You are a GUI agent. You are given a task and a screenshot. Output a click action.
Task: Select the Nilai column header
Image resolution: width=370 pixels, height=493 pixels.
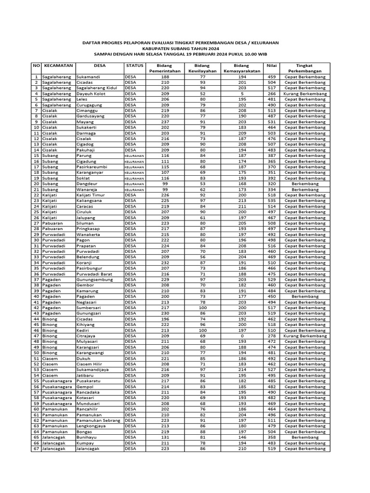pyautogui.click(x=271, y=65)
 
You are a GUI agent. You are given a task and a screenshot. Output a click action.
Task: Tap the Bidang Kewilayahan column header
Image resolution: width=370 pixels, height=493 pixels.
pyautogui.click(x=202, y=68)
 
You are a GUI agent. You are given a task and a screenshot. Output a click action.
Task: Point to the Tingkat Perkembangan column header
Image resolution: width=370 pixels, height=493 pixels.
pyautogui.click(x=304, y=68)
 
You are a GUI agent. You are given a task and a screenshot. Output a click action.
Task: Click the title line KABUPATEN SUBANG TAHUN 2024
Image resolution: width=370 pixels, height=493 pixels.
pyautogui.click(x=185, y=49)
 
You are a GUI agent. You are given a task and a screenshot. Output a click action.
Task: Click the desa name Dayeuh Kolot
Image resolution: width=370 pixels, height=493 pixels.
pyautogui.click(x=91, y=94)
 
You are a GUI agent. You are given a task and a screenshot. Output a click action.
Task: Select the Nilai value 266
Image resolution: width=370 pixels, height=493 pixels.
pyautogui.click(x=271, y=94)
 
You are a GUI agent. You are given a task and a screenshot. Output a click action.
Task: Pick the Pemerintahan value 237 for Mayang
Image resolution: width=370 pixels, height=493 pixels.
pyautogui.click(x=165, y=122)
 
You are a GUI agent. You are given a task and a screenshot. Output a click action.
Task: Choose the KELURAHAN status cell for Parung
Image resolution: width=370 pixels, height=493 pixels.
pyautogui.click(x=134, y=156)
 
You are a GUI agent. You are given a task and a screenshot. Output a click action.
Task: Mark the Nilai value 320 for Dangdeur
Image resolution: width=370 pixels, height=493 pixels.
pyautogui.click(x=271, y=183)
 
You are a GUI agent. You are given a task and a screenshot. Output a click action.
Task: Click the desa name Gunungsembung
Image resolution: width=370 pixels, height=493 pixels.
pyautogui.click(x=95, y=279)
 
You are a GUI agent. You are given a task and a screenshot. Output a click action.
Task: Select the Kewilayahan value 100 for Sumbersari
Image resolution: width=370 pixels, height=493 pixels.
pyautogui.click(x=202, y=308)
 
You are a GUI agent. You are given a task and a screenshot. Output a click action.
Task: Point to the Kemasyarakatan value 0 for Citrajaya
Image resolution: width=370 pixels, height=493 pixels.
pyautogui.click(x=242, y=336)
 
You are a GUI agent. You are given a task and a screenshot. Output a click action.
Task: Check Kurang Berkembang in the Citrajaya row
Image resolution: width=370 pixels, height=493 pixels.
pyautogui.click(x=304, y=336)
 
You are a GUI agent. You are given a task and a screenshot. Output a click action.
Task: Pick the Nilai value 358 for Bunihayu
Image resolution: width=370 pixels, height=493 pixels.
pyautogui.click(x=271, y=437)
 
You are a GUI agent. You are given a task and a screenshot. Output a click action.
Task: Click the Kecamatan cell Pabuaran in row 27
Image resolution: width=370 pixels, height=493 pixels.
pyautogui.click(x=52, y=223)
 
